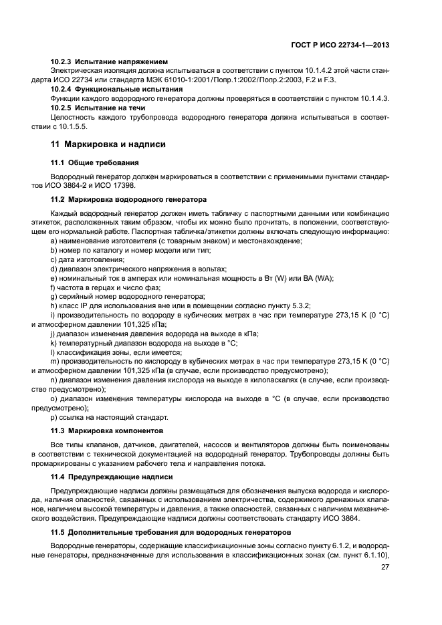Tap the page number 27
pyautogui.click(x=385, y=568)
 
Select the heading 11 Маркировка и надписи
pyautogui.click(x=109, y=144)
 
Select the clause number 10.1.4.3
pyautogui.click(x=370, y=98)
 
